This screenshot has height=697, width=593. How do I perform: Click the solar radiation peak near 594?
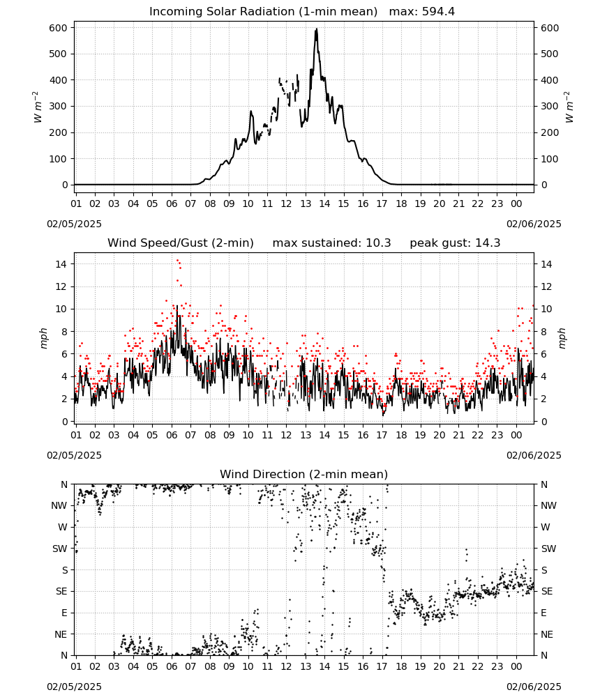(x=316, y=29)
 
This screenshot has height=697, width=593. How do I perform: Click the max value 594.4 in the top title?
(x=438, y=12)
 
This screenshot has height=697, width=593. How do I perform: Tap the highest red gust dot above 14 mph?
(x=177, y=261)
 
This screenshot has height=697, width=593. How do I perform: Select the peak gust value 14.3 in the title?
(x=488, y=243)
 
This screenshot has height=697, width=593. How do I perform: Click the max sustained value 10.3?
(x=378, y=243)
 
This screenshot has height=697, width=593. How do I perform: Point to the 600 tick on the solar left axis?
(x=59, y=28)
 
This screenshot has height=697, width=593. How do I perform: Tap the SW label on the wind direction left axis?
(x=59, y=549)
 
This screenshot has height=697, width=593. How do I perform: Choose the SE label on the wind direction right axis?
(x=547, y=592)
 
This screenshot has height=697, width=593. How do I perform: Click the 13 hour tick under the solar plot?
(x=306, y=204)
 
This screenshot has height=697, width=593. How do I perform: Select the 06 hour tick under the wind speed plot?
(x=172, y=435)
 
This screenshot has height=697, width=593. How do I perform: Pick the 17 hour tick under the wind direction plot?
(x=382, y=667)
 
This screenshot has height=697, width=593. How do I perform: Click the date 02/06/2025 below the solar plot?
(x=534, y=224)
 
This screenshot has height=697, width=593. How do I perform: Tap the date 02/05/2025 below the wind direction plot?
(x=74, y=687)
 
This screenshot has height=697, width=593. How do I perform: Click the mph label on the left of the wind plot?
(x=43, y=338)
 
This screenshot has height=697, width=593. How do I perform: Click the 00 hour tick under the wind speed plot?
(x=516, y=435)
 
